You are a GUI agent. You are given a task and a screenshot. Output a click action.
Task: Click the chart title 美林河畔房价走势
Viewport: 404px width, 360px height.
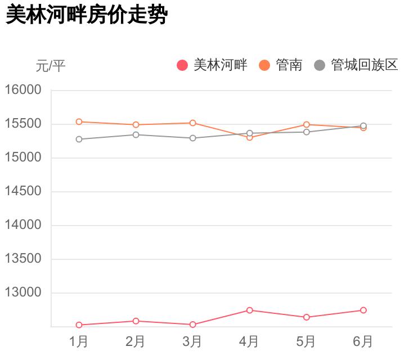coord(86,15)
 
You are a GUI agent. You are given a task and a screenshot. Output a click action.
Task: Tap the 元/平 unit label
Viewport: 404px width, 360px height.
coord(51,66)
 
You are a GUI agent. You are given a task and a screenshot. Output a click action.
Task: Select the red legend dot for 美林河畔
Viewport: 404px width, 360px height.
coord(182,65)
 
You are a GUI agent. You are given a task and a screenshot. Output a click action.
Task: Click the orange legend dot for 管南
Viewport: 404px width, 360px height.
coord(264,65)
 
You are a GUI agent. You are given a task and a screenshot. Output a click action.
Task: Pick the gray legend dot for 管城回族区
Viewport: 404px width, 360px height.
coord(320,65)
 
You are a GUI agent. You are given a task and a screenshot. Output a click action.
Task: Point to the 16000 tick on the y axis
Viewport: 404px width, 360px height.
coord(24,90)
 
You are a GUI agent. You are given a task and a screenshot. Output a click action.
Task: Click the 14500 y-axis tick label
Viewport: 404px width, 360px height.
coord(24,191)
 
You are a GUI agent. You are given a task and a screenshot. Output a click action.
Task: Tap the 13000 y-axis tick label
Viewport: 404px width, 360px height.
coord(24,292)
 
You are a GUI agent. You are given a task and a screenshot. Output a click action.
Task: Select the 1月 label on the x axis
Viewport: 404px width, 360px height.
coord(79,341)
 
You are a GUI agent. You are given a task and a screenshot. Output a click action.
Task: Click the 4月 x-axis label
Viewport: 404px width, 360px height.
coord(249,341)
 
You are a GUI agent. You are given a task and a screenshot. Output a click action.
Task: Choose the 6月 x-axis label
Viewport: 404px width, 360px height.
coord(363,341)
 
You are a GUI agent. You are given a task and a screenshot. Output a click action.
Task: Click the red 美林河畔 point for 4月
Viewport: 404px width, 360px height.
coord(249,310)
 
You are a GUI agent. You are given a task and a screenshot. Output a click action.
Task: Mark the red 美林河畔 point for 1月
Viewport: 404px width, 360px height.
coord(79,325)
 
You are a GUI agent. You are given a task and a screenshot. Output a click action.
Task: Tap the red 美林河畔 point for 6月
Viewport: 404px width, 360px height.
coord(363,310)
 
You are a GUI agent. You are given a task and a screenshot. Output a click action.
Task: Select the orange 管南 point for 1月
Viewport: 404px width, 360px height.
coord(79,121)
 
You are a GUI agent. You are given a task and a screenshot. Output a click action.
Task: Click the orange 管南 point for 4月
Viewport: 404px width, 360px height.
coord(249,137)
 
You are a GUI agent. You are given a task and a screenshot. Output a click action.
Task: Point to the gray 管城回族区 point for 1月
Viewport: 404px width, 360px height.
coord(79,139)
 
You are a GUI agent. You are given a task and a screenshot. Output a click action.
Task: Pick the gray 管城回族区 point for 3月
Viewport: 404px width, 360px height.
coord(192,138)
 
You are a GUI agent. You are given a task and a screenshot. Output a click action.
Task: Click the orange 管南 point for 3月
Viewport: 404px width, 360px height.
coord(192,123)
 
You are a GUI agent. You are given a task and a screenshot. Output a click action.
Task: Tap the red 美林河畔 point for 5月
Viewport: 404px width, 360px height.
coord(306,317)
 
